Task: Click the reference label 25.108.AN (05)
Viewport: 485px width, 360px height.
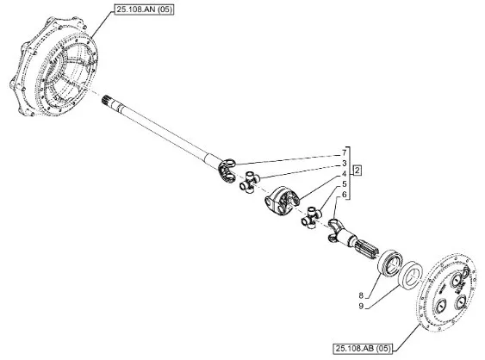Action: coord(144,9)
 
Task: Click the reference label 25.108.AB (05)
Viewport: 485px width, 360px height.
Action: coord(363,349)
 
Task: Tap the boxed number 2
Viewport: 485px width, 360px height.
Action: coord(358,171)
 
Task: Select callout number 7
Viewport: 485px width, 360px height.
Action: coord(344,152)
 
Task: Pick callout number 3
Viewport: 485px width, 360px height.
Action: coord(344,164)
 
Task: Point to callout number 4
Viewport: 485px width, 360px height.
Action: coord(344,174)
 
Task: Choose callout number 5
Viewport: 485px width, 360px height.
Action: coord(344,184)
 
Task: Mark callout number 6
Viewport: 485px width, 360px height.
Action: coord(344,195)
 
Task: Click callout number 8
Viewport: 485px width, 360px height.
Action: coord(361,295)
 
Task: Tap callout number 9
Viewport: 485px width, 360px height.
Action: coord(361,307)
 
